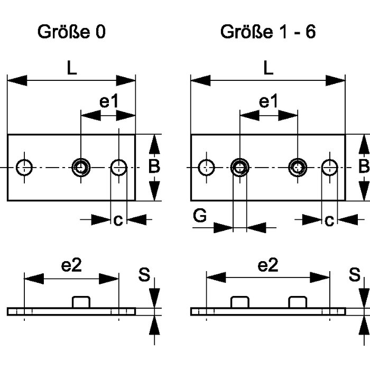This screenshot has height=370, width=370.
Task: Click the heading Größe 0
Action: tap(71, 32)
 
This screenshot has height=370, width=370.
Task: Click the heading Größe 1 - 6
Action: tap(268, 32)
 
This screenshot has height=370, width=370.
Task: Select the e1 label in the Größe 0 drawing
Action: tap(109, 102)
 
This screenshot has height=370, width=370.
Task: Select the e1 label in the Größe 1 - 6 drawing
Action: tap(269, 102)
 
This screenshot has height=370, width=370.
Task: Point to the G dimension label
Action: tap(200, 217)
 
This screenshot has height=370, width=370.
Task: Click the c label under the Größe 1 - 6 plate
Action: tap(329, 219)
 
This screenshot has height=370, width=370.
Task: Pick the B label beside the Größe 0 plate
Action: tap(153, 167)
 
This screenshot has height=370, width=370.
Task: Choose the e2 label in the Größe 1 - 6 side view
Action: tap(268, 266)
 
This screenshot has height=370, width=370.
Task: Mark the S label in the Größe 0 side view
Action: tap(144, 274)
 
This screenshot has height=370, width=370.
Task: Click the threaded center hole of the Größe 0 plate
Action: tap(81, 168)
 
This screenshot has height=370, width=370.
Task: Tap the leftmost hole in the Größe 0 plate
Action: tap(24, 168)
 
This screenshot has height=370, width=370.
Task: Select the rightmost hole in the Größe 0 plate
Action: tap(119, 168)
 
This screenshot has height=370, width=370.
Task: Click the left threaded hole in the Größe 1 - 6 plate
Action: tap(239, 168)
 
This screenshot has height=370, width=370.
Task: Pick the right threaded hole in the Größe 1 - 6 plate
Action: tap(297, 168)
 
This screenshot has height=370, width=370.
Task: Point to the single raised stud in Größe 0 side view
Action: tap(81, 302)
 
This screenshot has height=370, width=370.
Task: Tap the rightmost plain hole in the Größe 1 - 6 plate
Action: tap(330, 168)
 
